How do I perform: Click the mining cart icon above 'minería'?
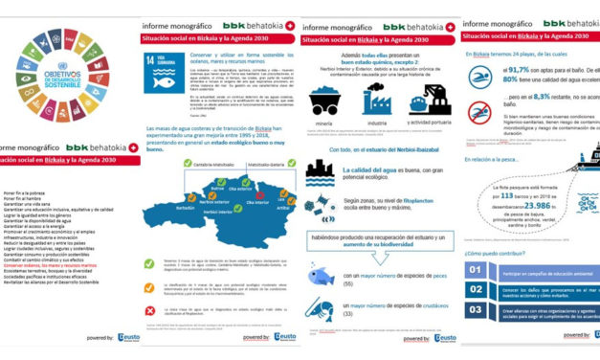pos(324,99)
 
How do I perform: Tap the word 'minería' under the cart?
pos(324,123)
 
